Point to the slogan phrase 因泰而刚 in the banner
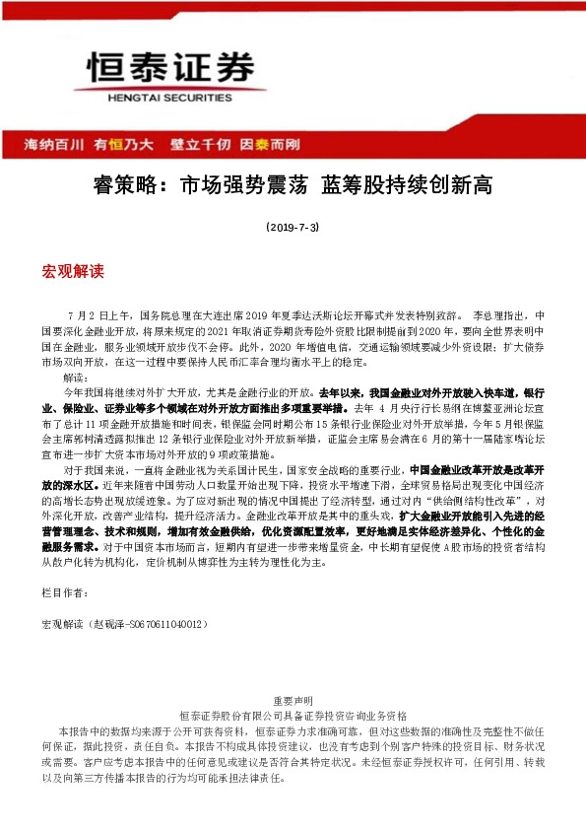tap(270, 144)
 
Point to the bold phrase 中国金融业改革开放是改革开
tap(474, 445)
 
